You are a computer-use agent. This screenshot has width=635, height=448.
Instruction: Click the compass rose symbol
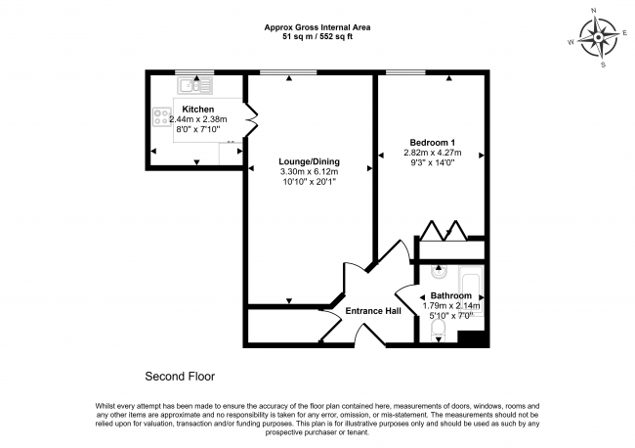(x=599, y=39)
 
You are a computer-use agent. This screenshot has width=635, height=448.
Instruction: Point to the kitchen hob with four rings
(x=160, y=119)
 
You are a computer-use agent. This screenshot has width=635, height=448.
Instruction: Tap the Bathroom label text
(x=446, y=294)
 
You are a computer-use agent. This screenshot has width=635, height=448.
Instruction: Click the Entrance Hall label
(x=374, y=311)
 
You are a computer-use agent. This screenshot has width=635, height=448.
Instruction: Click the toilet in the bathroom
(x=437, y=333)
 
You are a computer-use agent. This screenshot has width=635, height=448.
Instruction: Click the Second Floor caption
(x=180, y=376)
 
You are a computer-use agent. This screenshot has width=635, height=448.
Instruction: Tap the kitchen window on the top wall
(x=193, y=73)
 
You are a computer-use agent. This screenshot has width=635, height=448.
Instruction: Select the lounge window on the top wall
(x=288, y=73)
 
